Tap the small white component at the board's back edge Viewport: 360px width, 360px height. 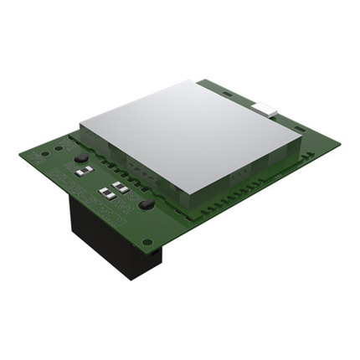click(269, 105)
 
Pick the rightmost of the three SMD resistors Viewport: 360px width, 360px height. click(122, 188)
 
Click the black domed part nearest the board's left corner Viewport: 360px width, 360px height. click(80, 158)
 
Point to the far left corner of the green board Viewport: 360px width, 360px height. click(21, 153)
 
